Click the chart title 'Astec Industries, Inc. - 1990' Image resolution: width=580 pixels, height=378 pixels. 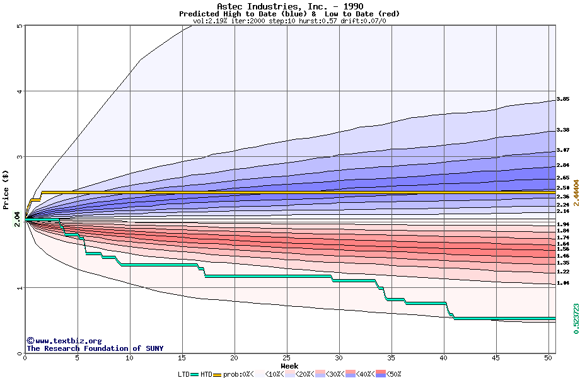(289, 6)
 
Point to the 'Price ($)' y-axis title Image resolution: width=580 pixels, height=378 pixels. (6, 190)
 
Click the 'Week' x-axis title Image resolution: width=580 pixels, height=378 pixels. (289, 366)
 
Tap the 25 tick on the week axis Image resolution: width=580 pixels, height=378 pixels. (287, 358)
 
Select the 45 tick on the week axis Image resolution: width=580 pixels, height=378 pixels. (496, 358)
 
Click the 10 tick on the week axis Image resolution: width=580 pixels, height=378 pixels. (129, 358)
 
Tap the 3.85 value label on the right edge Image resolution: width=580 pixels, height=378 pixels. (563, 100)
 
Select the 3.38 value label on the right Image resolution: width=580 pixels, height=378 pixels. (563, 130)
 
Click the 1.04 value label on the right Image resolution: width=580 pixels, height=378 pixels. (563, 283)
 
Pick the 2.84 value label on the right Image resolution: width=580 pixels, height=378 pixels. (563, 165)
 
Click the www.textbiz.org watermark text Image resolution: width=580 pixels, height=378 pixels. (64, 341)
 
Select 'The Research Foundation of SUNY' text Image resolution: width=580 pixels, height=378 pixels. (95, 348)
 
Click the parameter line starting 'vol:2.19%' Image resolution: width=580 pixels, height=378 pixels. (289, 21)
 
